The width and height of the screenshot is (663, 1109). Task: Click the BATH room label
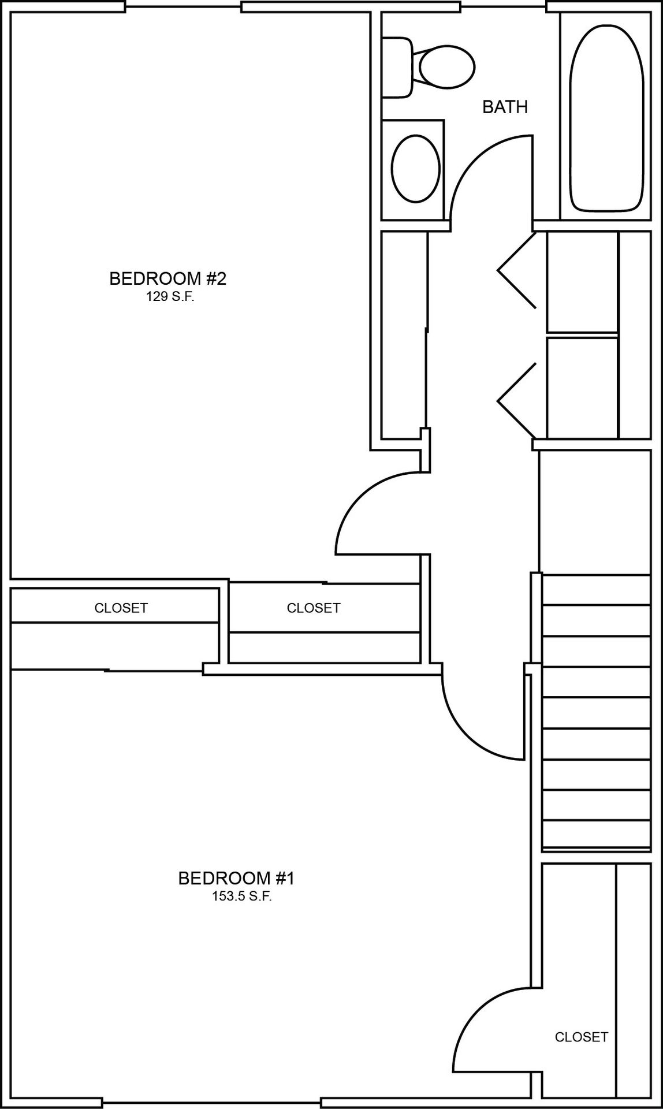(505, 107)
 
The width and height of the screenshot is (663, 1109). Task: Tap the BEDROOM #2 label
(167, 279)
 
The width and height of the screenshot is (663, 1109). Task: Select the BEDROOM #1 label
(236, 879)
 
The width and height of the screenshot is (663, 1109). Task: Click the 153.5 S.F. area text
(242, 897)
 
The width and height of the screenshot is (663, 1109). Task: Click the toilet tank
(397, 66)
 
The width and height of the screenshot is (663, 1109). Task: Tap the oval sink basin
(415, 168)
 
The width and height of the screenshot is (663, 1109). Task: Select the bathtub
(606, 118)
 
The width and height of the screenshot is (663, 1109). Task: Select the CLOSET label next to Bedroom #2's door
(313, 608)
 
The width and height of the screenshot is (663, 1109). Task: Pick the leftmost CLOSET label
(121, 608)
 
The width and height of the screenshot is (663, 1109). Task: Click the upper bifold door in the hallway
(517, 270)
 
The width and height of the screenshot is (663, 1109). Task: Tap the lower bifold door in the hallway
(517, 400)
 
